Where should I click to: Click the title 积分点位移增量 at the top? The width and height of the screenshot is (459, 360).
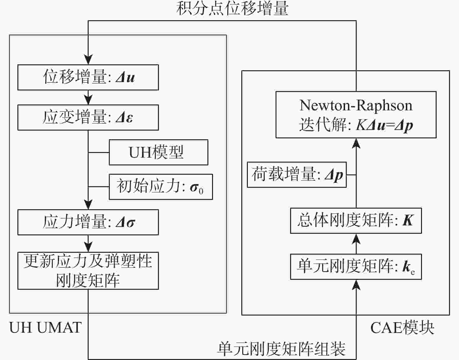pyautogui.click(x=232, y=8)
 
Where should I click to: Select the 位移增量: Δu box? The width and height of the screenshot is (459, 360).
pyautogui.click(x=88, y=77)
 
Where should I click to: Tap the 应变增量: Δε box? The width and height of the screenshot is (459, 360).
pyautogui.click(x=88, y=118)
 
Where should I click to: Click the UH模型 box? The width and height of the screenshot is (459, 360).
pyautogui.click(x=158, y=152)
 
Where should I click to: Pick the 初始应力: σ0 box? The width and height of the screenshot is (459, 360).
pyautogui.click(x=161, y=187)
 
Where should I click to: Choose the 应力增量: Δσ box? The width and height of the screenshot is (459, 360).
pyautogui.click(x=88, y=222)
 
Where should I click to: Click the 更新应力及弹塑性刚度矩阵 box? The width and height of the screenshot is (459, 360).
pyautogui.click(x=88, y=271)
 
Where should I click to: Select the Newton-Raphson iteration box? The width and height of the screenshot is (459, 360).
pyautogui.click(x=356, y=115)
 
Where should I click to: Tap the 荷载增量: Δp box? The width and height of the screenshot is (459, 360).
pyautogui.click(x=297, y=175)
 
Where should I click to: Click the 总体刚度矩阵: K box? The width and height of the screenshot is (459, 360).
pyautogui.click(x=356, y=221)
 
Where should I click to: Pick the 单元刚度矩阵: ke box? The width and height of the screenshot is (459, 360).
pyautogui.click(x=356, y=267)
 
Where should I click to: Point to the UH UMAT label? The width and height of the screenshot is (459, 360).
pyautogui.click(x=45, y=328)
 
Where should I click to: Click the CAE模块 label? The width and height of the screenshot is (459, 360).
pyautogui.click(x=402, y=328)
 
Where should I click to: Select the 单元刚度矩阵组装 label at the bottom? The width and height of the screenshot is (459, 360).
pyautogui.click(x=281, y=349)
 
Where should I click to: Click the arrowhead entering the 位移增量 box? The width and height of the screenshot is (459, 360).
pyautogui.click(x=88, y=59)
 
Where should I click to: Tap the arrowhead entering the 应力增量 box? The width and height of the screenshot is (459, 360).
pyautogui.click(x=88, y=204)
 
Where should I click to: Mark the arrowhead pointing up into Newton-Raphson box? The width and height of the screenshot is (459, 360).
pyautogui.click(x=356, y=144)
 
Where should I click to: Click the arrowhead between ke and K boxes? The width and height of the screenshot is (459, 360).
pyautogui.click(x=356, y=239)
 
